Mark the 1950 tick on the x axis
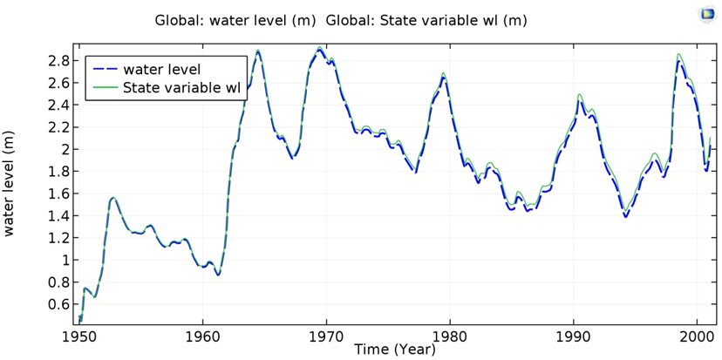tap(79, 336)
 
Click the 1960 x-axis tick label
tap(203, 336)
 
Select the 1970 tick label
tap(327, 336)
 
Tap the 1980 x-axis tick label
tap(450, 336)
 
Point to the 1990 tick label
tap(574, 336)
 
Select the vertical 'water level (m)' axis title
tap(11, 186)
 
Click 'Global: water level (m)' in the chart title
tap(236, 20)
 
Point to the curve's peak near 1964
tap(258, 51)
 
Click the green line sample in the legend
tap(104, 88)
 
